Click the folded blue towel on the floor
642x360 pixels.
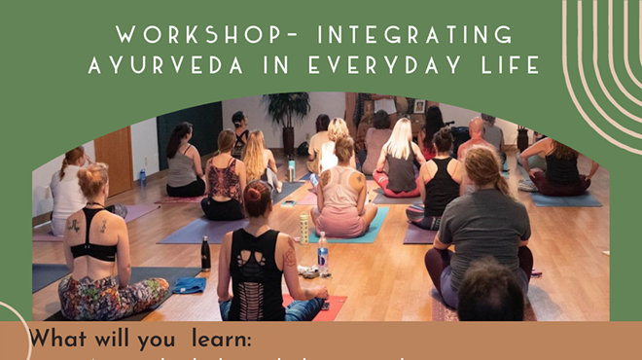188,285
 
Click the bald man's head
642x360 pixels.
476,127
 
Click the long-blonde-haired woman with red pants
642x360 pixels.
399,161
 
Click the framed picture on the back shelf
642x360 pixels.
419,106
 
